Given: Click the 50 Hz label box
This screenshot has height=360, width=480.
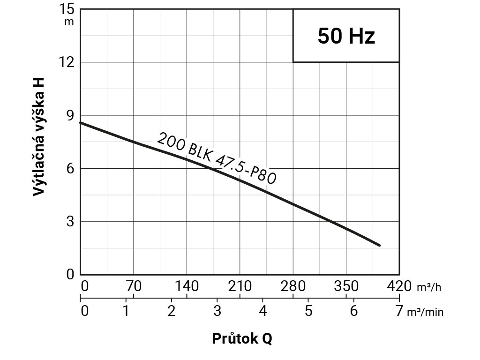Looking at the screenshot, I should (346, 36).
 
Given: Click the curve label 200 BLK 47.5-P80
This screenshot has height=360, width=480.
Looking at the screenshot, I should (216, 158).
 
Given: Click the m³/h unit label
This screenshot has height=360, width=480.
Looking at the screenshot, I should (429, 287).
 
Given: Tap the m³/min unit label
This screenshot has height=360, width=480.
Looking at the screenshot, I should (425, 312).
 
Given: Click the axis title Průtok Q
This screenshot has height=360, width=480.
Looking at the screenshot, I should (241, 338).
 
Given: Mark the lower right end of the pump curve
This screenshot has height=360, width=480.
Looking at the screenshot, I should (379, 245).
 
